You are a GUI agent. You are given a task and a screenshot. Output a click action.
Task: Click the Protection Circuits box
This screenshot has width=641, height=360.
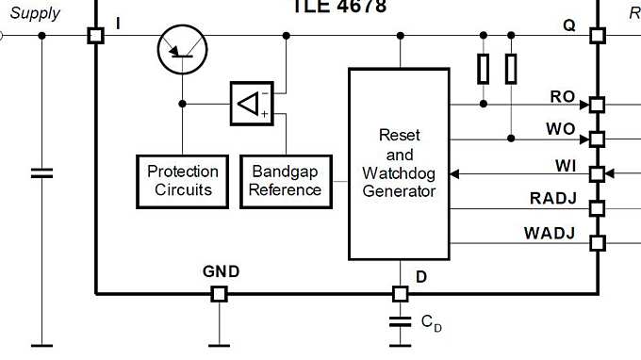pyautogui.click(x=182, y=180)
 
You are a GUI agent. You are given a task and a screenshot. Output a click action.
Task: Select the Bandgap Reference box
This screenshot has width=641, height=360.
pyautogui.click(x=287, y=180)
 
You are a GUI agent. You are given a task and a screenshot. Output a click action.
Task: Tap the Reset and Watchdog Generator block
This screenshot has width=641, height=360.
pyautogui.click(x=399, y=163)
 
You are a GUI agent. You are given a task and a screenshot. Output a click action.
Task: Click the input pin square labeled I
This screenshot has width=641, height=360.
pyautogui.click(x=95, y=36)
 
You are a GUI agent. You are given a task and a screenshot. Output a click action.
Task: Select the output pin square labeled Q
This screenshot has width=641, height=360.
pyautogui.click(x=597, y=36)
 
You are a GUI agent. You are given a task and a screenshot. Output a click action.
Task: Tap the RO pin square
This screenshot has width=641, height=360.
pyautogui.click(x=597, y=104)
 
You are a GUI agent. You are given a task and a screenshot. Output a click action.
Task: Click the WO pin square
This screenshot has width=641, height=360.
pyautogui.click(x=597, y=139)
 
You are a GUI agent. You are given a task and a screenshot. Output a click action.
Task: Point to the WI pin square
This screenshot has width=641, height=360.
pyautogui.click(x=597, y=173)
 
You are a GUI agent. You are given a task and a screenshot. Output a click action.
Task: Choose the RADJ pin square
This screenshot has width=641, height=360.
pyautogui.click(x=597, y=207)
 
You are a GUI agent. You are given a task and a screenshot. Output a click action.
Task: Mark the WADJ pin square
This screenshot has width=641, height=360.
pyautogui.click(x=597, y=242)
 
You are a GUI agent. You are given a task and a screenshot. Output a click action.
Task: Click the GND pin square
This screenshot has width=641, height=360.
pyautogui.click(x=219, y=294)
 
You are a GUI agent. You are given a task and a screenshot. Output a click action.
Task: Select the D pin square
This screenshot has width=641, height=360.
pyautogui.click(x=400, y=294)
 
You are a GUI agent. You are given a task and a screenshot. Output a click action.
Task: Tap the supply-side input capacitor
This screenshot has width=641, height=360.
pyautogui.click(x=41, y=172)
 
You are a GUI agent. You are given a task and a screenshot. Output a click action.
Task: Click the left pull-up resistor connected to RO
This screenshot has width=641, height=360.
pyautogui.click(x=484, y=68)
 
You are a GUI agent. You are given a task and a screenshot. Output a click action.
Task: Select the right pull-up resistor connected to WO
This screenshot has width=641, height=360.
pyautogui.click(x=511, y=68)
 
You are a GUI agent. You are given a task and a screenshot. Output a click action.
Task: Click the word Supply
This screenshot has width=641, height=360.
pyautogui.click(x=34, y=13)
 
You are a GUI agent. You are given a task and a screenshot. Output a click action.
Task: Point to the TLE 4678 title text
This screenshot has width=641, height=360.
pyautogui.click(x=339, y=7)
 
